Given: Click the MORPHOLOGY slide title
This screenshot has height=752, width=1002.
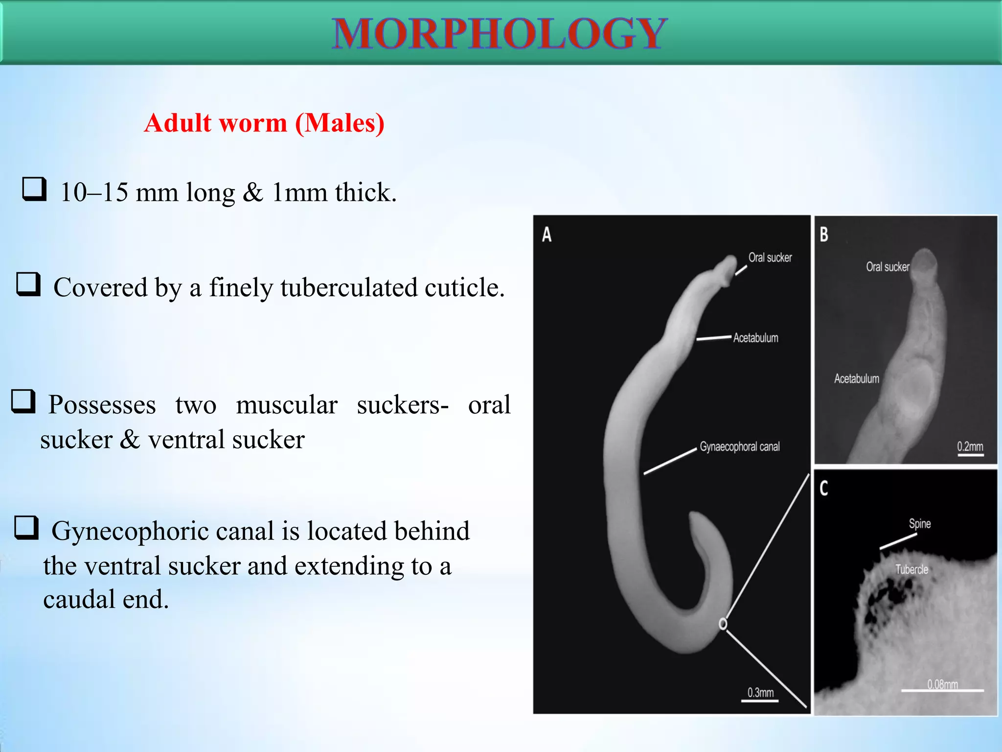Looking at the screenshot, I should tap(499, 33).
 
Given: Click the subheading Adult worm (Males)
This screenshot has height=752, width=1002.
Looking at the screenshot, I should tap(264, 123).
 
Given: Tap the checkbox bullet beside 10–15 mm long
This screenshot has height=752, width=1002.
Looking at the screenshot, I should tap(34, 189).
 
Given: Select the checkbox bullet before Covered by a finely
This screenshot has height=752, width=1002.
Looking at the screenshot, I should tap(28, 284).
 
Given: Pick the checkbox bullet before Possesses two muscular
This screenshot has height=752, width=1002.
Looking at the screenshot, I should tap(23, 401).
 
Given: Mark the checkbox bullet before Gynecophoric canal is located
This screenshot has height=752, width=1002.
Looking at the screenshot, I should tap(26, 528).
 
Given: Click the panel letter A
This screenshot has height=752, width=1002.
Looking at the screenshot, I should tap(547, 235).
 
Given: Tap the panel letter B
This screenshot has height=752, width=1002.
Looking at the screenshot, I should tap(824, 235).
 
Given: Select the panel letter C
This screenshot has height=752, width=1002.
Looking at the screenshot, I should tap(824, 488).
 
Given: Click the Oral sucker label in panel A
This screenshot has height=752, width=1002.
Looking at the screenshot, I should tap(770, 258).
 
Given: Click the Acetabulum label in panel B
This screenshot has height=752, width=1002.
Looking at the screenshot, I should tap(856, 378).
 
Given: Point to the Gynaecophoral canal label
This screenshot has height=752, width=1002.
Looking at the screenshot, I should tap(739, 446).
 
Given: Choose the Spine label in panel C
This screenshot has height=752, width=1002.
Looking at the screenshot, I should tap(920, 523).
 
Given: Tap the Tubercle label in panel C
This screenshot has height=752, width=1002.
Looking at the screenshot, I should tap(911, 569).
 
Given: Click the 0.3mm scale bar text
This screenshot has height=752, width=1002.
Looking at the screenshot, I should tap(760, 693).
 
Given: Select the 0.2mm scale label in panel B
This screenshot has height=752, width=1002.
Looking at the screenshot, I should tap(970, 446).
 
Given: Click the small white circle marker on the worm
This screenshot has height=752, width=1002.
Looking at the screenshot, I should tap(723, 624).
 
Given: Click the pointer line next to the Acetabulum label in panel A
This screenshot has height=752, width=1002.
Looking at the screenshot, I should tap(714, 338).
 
